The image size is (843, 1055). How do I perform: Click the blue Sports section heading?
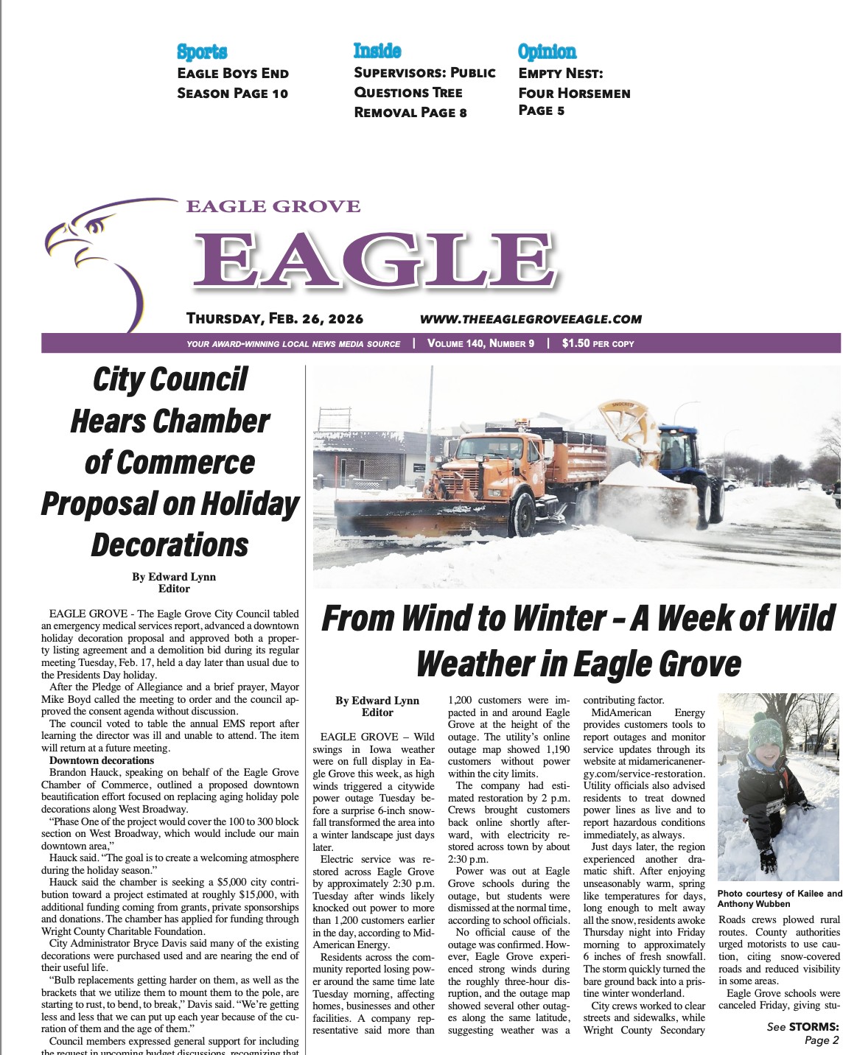202,52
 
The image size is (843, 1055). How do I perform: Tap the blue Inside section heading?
377,51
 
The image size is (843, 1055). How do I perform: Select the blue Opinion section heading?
547,52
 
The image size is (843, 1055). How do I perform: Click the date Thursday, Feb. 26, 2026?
275,319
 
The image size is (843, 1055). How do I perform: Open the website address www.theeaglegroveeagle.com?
531,319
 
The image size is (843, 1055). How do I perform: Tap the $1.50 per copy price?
598,343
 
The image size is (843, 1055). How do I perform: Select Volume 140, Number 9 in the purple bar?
480,343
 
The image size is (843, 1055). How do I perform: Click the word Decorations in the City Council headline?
170,545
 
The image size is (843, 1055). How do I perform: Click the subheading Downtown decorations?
102,760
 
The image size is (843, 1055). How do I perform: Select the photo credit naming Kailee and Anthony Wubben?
779,899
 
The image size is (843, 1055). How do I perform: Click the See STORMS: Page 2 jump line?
802,1034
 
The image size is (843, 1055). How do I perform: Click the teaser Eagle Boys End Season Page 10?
233,83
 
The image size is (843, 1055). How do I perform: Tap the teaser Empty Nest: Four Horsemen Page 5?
574,92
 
